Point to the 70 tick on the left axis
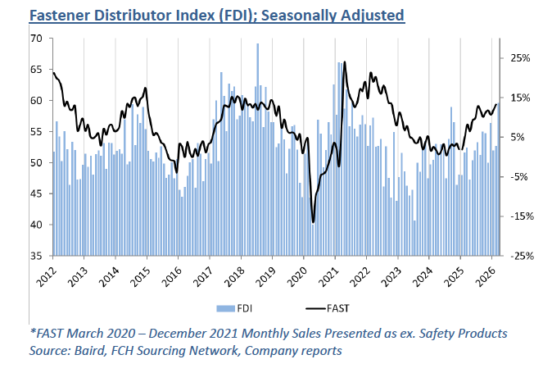tap(36, 39)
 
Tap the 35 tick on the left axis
tap(36, 256)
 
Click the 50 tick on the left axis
tap(36, 162)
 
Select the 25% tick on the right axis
tap(522, 58)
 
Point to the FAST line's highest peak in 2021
tap(345, 62)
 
